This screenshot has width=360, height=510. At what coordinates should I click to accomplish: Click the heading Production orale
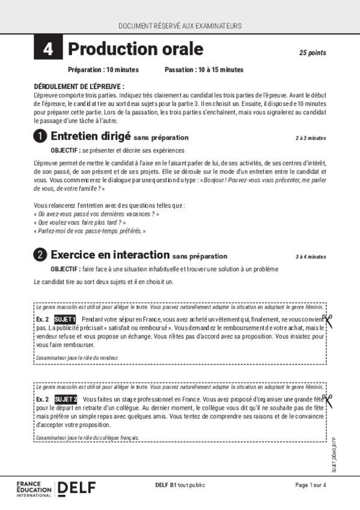click(x=135, y=49)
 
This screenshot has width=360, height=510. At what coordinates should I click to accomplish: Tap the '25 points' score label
click(x=313, y=53)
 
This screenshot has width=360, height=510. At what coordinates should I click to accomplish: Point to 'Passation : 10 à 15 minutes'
click(x=204, y=70)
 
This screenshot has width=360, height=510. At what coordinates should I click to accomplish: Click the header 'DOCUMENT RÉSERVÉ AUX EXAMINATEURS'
click(x=180, y=26)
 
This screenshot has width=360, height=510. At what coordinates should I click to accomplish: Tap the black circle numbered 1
click(x=40, y=137)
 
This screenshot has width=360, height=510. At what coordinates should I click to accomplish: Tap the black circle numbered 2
click(x=40, y=255)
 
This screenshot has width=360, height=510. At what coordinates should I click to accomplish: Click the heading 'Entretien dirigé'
click(x=91, y=137)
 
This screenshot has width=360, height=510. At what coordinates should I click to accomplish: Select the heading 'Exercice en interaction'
click(x=110, y=255)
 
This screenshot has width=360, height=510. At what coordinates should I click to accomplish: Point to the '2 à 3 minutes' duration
click(x=311, y=138)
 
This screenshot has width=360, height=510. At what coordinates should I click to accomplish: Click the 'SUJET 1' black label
click(x=65, y=319)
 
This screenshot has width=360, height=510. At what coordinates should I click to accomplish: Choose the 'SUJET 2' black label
click(x=66, y=399)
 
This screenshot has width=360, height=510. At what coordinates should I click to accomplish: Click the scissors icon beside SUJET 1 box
click(x=327, y=321)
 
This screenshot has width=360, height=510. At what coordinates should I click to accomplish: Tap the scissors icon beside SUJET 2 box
click(x=327, y=401)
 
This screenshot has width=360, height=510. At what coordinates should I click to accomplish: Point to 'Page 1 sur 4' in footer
click(x=310, y=485)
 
